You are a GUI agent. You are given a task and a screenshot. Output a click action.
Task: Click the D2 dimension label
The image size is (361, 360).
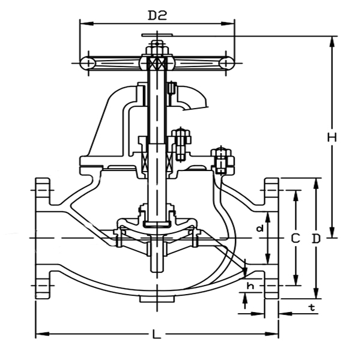click(157, 14)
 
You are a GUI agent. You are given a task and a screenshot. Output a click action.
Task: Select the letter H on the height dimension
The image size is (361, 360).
click(332, 137)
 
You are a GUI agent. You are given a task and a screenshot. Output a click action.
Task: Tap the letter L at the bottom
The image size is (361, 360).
click(157, 335)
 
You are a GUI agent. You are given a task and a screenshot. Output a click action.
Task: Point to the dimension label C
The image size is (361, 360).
click(295, 238)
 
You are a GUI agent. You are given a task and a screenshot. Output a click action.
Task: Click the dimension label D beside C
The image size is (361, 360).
click(316, 238)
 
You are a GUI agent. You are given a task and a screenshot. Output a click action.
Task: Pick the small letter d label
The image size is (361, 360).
click(259, 228)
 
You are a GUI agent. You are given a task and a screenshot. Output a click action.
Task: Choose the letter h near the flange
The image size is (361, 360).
click(250, 287)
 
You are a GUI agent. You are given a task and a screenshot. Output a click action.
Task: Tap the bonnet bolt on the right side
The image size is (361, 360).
click(222, 160)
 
